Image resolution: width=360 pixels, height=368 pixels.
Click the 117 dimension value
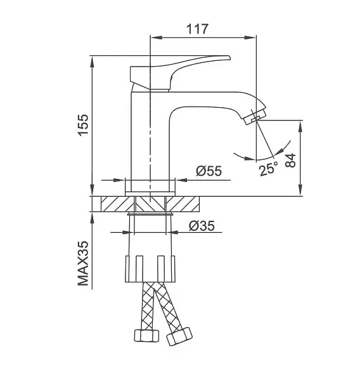(x=197, y=29)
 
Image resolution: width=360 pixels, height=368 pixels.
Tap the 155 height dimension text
(x=84, y=125)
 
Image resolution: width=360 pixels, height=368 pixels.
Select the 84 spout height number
(x=291, y=161)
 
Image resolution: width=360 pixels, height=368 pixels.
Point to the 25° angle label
(x=269, y=168)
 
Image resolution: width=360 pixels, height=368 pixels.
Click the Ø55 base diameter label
(x=209, y=171)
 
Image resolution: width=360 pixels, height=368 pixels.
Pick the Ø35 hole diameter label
(x=202, y=226)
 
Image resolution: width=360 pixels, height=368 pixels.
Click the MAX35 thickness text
(x=84, y=263)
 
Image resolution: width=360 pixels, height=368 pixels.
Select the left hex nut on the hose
(x=146, y=336)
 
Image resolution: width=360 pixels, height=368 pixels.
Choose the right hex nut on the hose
(x=179, y=336)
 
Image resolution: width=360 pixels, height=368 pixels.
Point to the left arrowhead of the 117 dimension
(x=156, y=37)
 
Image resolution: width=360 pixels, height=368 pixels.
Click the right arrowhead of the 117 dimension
(x=250, y=37)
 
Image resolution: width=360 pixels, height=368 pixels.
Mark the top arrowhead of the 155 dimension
(x=93, y=62)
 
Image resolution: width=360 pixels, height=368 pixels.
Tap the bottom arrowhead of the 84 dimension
(x=300, y=190)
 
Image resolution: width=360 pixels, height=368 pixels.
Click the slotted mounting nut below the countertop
(x=150, y=268)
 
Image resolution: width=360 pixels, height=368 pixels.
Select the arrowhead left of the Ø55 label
(x=119, y=180)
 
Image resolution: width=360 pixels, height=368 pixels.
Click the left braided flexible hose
(x=146, y=306)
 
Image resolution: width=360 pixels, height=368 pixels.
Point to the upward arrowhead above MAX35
(x=93, y=218)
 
